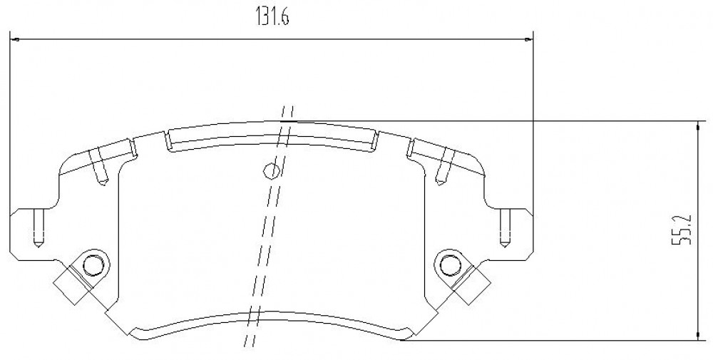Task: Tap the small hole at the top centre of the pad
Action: (x=271, y=170)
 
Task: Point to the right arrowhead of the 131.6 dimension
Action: (x=528, y=40)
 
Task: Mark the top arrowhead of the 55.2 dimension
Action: (x=697, y=126)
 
